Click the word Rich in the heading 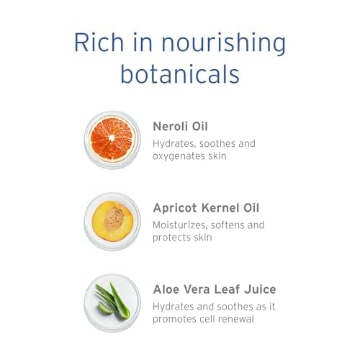(99, 42)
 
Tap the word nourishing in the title (224, 45)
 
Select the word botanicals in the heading (180, 73)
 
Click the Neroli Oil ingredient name (180, 126)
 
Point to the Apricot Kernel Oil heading (206, 208)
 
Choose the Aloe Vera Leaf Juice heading (215, 289)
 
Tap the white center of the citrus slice (112, 138)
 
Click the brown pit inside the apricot (114, 219)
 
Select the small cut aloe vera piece (104, 308)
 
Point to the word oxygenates (179, 156)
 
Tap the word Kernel (220, 208)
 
